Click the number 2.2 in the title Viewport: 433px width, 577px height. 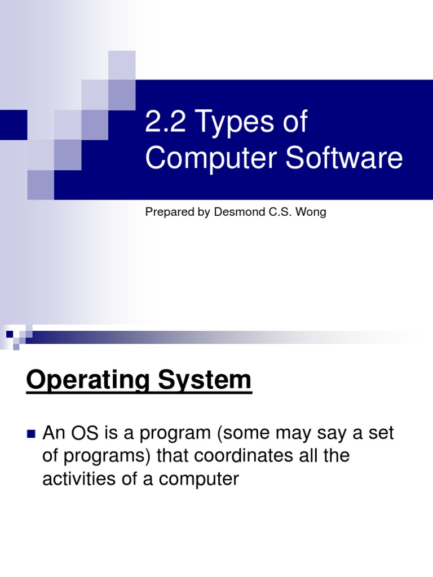tap(164, 122)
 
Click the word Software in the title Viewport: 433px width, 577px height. tap(344, 158)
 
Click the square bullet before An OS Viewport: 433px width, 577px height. tap(31, 434)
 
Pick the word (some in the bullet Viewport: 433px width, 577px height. tap(243, 433)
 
